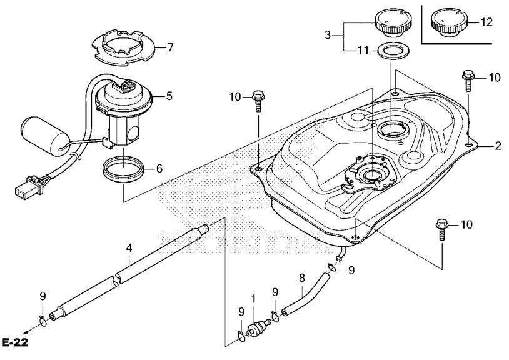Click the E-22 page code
[15, 342]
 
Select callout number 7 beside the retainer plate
[171, 47]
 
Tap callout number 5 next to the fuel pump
[169, 96]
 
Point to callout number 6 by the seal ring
[159, 169]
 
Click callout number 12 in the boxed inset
[486, 22]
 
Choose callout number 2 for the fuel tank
[498, 146]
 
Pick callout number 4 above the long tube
[129, 248]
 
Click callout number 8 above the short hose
[302, 278]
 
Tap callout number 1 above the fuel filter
[253, 299]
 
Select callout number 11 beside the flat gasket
[363, 51]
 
